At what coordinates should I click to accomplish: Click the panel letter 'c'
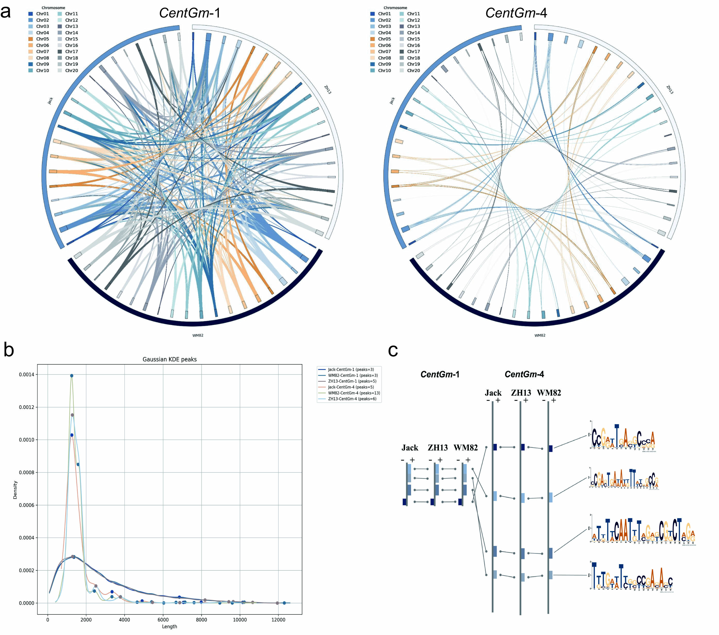pos(393,350)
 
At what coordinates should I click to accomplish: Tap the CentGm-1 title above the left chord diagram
pos(190,13)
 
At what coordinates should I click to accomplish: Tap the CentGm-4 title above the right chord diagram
pos(516,13)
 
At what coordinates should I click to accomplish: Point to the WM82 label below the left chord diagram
pos(198,335)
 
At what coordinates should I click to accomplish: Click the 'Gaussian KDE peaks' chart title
pos(170,359)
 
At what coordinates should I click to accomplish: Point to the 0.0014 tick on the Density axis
pos(27,375)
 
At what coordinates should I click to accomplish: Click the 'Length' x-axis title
pos(170,627)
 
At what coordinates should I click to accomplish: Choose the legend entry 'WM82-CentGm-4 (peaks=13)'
pos(353,393)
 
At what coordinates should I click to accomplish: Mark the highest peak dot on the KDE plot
pos(72,376)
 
